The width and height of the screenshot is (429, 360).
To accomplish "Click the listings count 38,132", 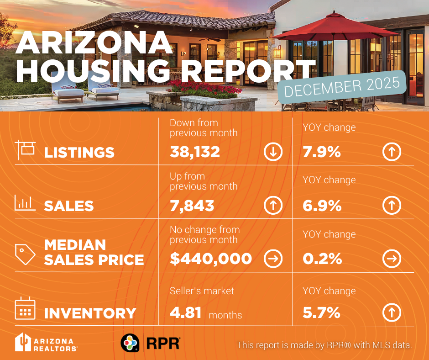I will [x=195, y=152].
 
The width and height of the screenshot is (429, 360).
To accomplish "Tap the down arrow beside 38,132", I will [x=273, y=152].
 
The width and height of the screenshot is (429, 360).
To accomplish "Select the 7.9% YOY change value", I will [x=322, y=152].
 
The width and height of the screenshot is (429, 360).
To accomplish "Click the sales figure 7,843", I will [x=192, y=206].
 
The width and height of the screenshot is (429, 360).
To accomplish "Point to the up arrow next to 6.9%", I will [x=392, y=206].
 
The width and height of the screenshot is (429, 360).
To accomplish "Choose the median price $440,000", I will [x=211, y=259].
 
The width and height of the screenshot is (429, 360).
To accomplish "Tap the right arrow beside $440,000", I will [x=273, y=259].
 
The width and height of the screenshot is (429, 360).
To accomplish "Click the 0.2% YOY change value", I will [x=322, y=259].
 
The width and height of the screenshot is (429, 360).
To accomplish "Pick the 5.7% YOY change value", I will [x=321, y=313].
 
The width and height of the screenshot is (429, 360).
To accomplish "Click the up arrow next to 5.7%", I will [x=392, y=313].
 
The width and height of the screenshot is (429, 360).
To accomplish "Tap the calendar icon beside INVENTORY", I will [x=25, y=309].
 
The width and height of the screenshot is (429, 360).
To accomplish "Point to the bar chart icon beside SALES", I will [x=25, y=203].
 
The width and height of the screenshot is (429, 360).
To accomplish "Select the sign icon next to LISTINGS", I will [x=25, y=149].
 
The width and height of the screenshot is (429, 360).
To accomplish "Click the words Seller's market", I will [x=202, y=291].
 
